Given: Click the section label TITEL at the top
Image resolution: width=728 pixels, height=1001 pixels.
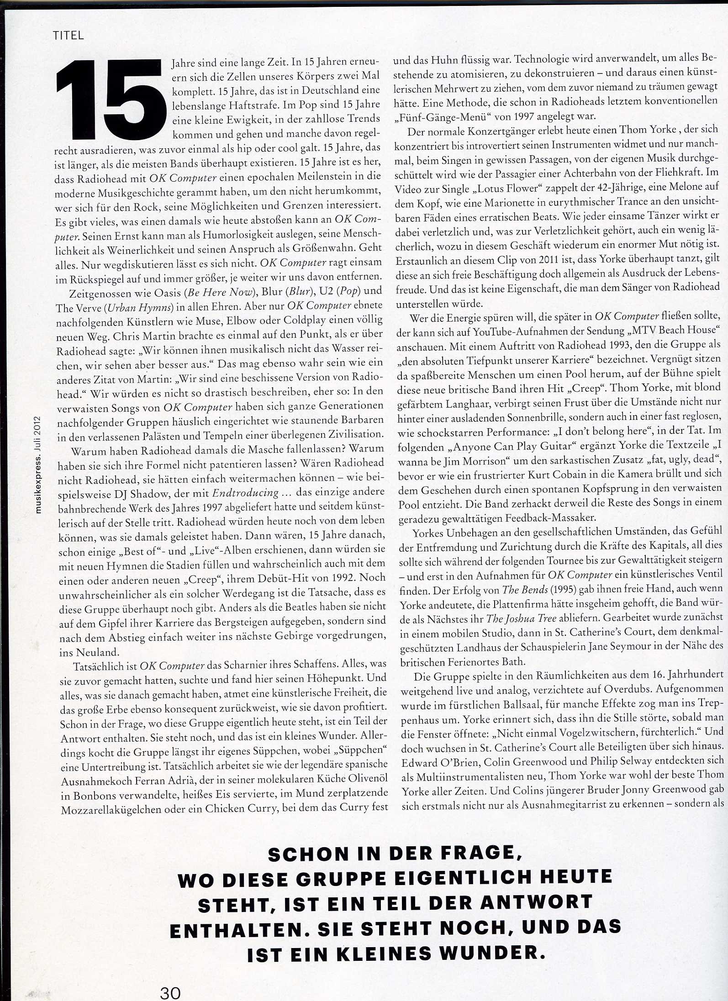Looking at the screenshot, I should tap(69, 36).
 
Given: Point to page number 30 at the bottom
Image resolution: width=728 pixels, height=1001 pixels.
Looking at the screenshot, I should tap(170, 991).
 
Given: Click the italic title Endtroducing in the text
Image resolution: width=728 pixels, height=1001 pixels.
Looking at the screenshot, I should tap(246, 493).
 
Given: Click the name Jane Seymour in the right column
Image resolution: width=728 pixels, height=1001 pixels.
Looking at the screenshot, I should tap(607, 647).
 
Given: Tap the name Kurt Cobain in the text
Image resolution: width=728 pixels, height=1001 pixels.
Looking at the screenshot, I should tap(567, 475).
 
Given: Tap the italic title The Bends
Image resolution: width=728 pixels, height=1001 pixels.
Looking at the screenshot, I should tap(524, 590).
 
